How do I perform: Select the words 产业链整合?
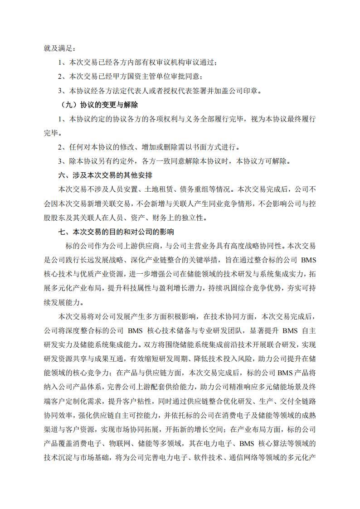pyautogui.click(x=180, y=260)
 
